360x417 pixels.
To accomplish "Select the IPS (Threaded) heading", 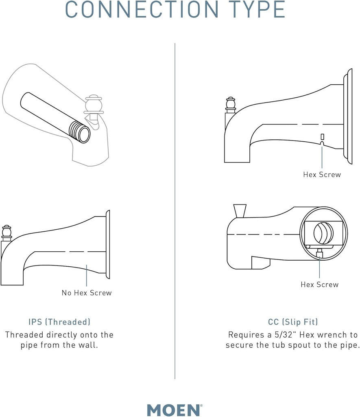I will [x=59, y=322].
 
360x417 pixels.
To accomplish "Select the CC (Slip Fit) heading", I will [x=293, y=322].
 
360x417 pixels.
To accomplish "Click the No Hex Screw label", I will [x=87, y=292].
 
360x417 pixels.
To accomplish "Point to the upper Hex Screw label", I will [x=322, y=174].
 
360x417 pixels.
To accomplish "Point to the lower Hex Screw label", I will [x=319, y=284].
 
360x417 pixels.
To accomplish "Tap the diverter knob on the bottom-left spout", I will [x=7, y=232].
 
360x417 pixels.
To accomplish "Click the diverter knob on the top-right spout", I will [x=231, y=105].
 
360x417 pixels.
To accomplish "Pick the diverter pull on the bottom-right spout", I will [x=239, y=211].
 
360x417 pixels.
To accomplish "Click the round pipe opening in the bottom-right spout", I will [x=323, y=233].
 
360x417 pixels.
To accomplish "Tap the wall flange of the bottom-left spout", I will [x=108, y=244].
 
